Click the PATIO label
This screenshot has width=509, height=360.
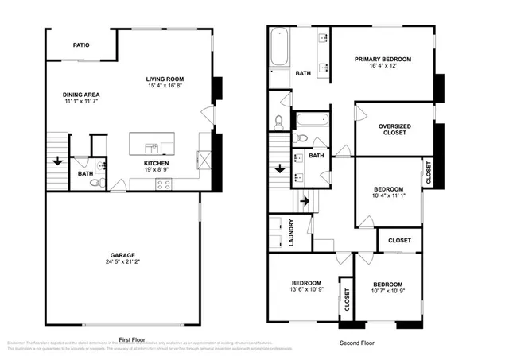81,45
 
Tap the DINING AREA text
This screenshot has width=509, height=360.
81,95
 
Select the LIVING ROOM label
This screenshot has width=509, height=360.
165,79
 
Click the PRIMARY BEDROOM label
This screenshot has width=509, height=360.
383,59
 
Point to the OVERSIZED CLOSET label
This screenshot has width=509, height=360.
394,129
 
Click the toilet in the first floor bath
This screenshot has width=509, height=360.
97,183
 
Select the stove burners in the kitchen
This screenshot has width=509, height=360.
165,184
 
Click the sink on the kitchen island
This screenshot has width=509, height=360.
151,147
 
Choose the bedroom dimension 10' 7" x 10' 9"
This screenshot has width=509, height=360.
387,292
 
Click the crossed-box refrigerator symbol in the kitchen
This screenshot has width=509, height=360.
204,160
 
